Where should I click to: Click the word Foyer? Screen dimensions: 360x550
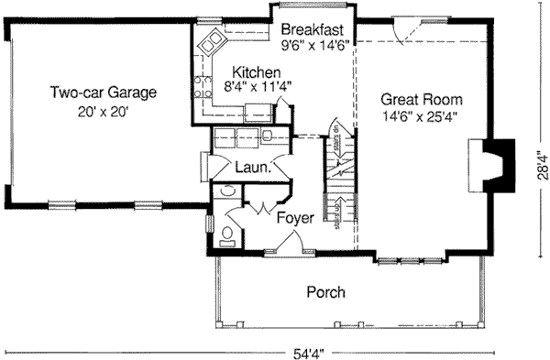pos(293,218)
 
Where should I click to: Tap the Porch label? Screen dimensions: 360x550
pos(325,293)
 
